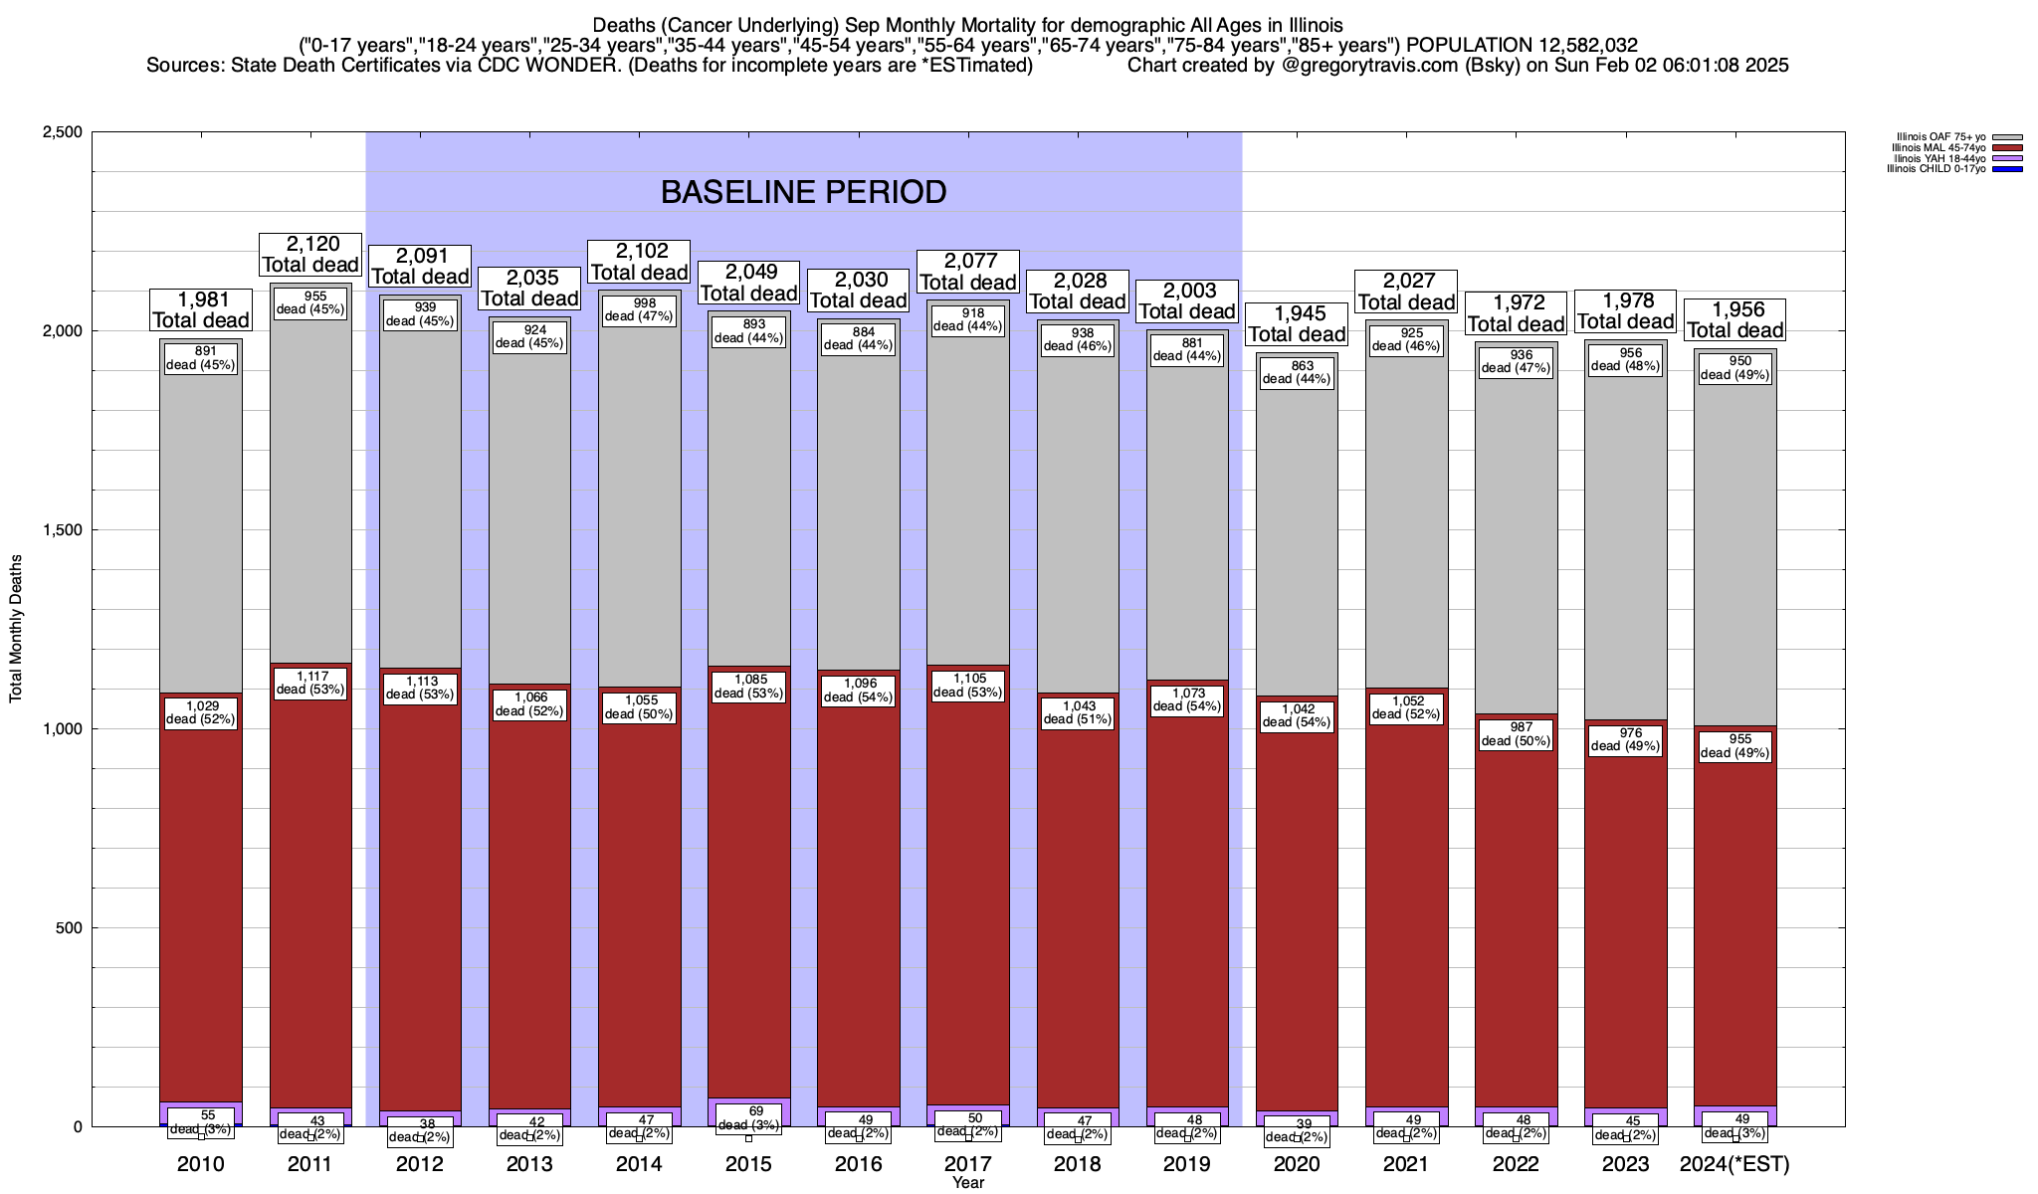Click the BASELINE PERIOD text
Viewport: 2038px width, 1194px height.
coord(803,192)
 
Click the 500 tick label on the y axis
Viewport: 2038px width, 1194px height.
coord(70,928)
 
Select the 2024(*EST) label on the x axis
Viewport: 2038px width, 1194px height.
coord(1734,1164)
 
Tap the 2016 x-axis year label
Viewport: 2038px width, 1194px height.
coord(859,1164)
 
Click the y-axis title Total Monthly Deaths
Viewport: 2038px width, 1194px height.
coord(16,629)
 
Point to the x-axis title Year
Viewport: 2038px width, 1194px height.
coord(967,1183)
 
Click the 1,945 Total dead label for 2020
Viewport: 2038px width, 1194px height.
coord(1297,324)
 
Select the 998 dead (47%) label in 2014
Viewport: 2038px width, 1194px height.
coord(640,309)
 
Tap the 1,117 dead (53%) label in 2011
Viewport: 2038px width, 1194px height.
coord(311,683)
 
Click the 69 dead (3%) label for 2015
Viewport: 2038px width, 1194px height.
coord(749,1118)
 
